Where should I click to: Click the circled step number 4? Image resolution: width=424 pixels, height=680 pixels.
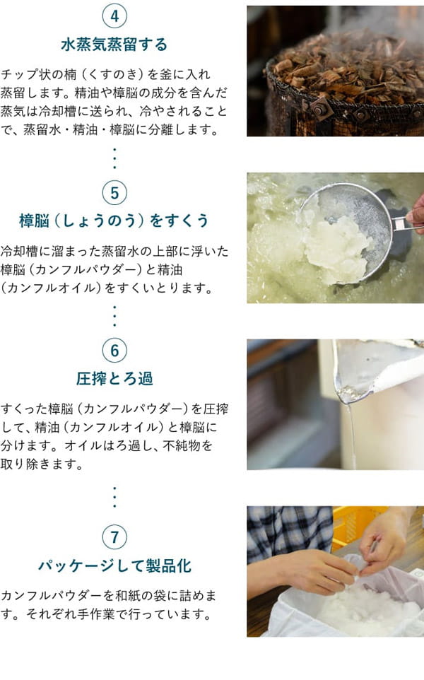coord(114,16)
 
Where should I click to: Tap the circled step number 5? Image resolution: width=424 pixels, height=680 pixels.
coord(114,192)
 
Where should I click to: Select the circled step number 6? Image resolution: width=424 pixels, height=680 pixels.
coord(114,351)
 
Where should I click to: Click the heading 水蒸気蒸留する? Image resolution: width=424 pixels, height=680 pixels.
coord(114,45)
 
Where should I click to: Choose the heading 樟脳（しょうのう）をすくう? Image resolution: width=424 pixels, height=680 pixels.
coord(114,221)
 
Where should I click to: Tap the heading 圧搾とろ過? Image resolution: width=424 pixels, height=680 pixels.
coord(114,379)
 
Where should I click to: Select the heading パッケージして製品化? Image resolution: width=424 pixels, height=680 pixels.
coord(114,566)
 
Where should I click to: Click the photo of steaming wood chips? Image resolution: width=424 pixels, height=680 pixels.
coord(335,71)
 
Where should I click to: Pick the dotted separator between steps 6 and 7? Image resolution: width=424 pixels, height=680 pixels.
coord(114,497)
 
